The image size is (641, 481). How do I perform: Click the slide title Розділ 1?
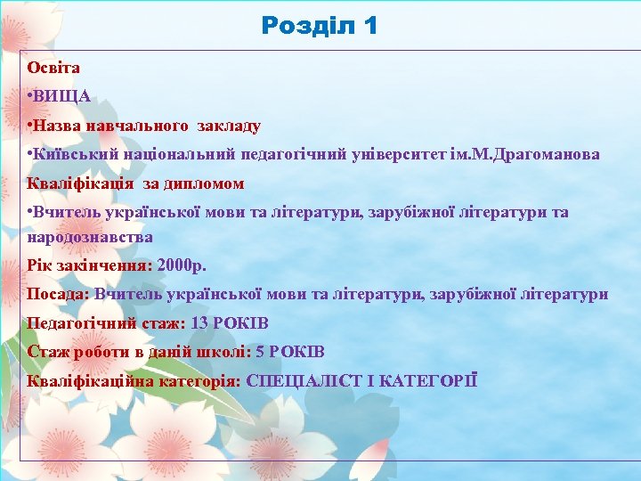click(320, 25)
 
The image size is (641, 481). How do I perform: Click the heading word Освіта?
click(53, 68)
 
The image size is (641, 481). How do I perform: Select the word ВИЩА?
click(62, 97)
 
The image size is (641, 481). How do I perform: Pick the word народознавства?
click(90, 237)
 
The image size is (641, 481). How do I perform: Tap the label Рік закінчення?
click(89, 265)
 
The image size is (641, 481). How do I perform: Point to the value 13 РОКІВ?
click(230, 322)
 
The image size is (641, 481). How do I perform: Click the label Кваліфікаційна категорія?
click(134, 380)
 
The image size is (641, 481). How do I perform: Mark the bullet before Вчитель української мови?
click(30, 213)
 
